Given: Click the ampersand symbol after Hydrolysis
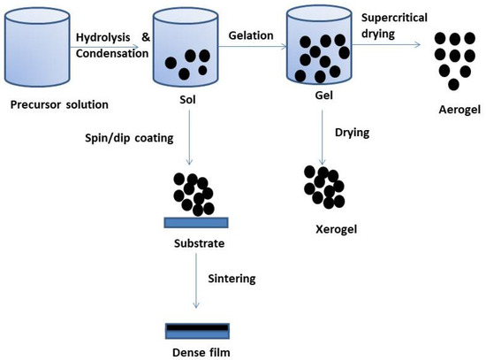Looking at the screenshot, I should pyautogui.click(x=148, y=37).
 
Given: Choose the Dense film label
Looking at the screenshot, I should pyautogui.click(x=196, y=350).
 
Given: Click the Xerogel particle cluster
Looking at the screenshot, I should pyautogui.click(x=322, y=185).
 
